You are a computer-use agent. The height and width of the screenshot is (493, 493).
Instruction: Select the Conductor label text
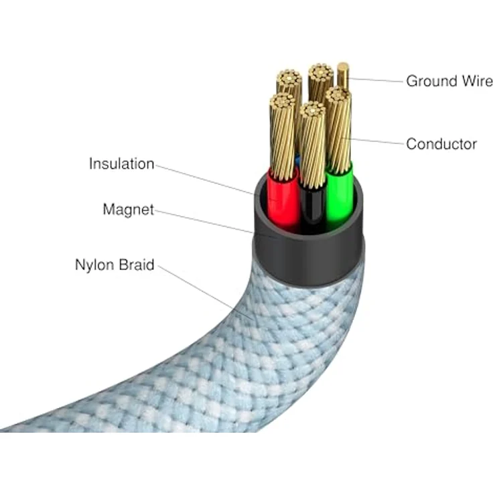(441, 143)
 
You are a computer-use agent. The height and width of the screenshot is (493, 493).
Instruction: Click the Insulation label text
(121, 164)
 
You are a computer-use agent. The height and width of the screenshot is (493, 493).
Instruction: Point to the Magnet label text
(128, 210)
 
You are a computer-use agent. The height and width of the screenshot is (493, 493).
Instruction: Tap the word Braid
(137, 265)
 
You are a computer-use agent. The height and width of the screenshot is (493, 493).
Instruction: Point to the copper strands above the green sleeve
(339, 127)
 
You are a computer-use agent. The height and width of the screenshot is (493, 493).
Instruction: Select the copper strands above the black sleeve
(312, 144)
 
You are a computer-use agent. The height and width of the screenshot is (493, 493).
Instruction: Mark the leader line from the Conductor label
(375, 141)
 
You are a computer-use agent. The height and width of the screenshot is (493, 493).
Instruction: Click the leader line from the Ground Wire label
(375, 80)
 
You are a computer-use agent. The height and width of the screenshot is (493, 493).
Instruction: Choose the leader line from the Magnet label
(208, 222)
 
